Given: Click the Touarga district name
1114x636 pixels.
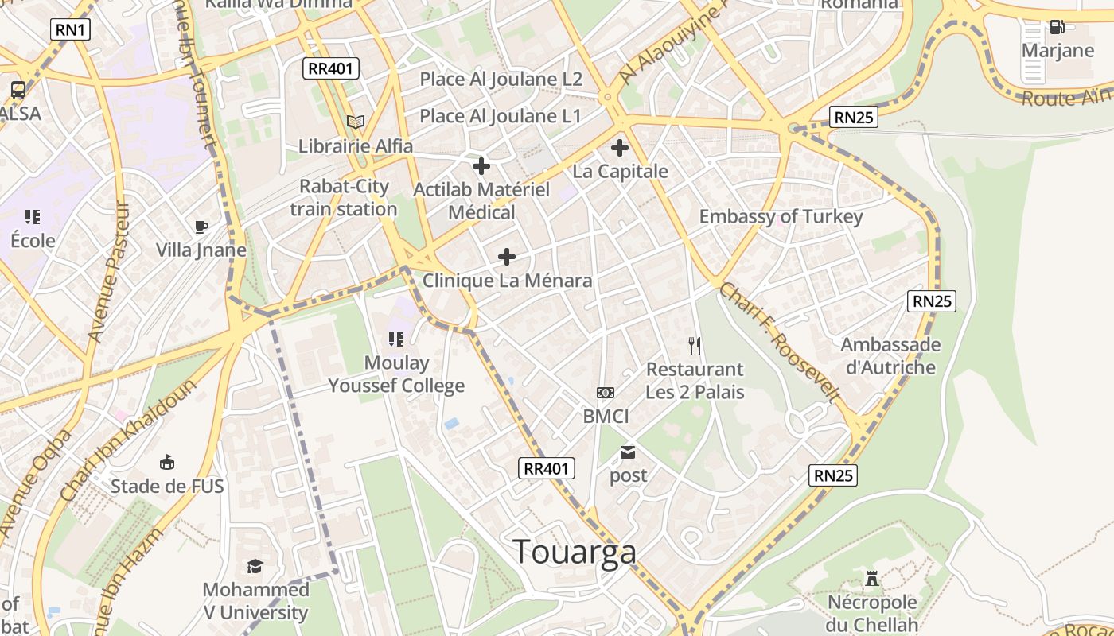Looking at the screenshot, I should pyautogui.click(x=575, y=552).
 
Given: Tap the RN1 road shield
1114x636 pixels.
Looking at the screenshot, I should pyautogui.click(x=71, y=30).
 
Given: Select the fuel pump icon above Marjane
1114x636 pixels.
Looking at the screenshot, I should pyautogui.click(x=1057, y=27).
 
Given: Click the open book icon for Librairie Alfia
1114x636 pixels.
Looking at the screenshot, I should pyautogui.click(x=356, y=122).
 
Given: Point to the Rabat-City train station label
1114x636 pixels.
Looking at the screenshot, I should pyautogui.click(x=344, y=198).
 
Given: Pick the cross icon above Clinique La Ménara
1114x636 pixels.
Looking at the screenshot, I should pyautogui.click(x=507, y=257).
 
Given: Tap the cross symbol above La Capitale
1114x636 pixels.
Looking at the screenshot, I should pyautogui.click(x=620, y=147).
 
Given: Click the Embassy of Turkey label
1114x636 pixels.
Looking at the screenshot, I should pyautogui.click(x=781, y=216).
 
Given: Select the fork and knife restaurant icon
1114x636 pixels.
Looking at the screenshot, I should pyautogui.click(x=695, y=345).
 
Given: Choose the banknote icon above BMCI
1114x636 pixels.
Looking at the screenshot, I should pyautogui.click(x=606, y=393).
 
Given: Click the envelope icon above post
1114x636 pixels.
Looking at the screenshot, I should pyautogui.click(x=628, y=453).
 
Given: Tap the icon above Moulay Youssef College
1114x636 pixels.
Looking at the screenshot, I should pyautogui.click(x=396, y=339).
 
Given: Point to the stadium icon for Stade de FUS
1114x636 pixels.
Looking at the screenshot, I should pyautogui.click(x=167, y=463).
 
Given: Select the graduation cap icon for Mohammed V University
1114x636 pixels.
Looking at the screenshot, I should pyautogui.click(x=255, y=566).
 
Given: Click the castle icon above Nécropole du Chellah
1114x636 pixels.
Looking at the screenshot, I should pyautogui.click(x=872, y=579).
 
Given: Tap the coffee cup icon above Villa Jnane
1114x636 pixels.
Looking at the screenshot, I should pyautogui.click(x=201, y=227).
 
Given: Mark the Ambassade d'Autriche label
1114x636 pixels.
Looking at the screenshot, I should pyautogui.click(x=890, y=356).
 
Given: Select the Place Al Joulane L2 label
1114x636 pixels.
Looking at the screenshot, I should pyautogui.click(x=501, y=79).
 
